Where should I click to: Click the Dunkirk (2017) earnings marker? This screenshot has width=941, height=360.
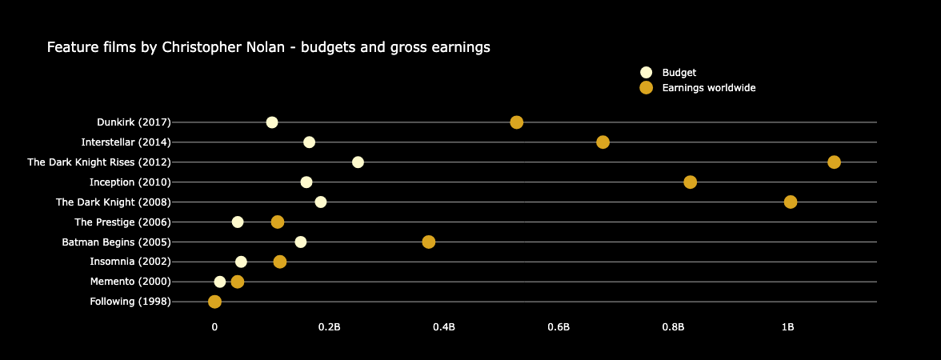point(516,122)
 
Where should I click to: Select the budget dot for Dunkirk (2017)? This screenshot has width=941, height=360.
point(272,122)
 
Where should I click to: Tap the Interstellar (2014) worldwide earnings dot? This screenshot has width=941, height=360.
point(603,142)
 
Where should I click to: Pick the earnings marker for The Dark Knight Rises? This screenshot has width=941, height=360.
point(834,162)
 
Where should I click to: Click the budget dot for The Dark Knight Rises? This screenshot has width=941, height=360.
point(358,162)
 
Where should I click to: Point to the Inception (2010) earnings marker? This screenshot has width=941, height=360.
point(690,182)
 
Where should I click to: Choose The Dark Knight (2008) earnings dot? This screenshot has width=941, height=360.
point(791,202)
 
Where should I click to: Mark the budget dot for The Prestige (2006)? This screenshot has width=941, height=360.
point(238,222)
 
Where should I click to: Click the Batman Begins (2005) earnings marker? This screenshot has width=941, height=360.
point(429,242)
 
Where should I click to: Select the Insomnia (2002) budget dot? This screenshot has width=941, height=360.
point(241,262)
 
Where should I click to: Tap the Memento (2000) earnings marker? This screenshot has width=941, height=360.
point(237,282)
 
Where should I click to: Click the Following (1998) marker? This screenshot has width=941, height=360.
point(214,302)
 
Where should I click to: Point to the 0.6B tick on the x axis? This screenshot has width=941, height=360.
point(559,326)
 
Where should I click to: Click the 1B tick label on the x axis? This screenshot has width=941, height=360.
point(788,326)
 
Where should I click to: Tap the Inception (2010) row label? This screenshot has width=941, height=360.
point(130,182)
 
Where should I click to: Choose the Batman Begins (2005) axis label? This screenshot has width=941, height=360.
point(116,242)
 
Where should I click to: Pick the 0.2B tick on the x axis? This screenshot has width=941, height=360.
point(329,326)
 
